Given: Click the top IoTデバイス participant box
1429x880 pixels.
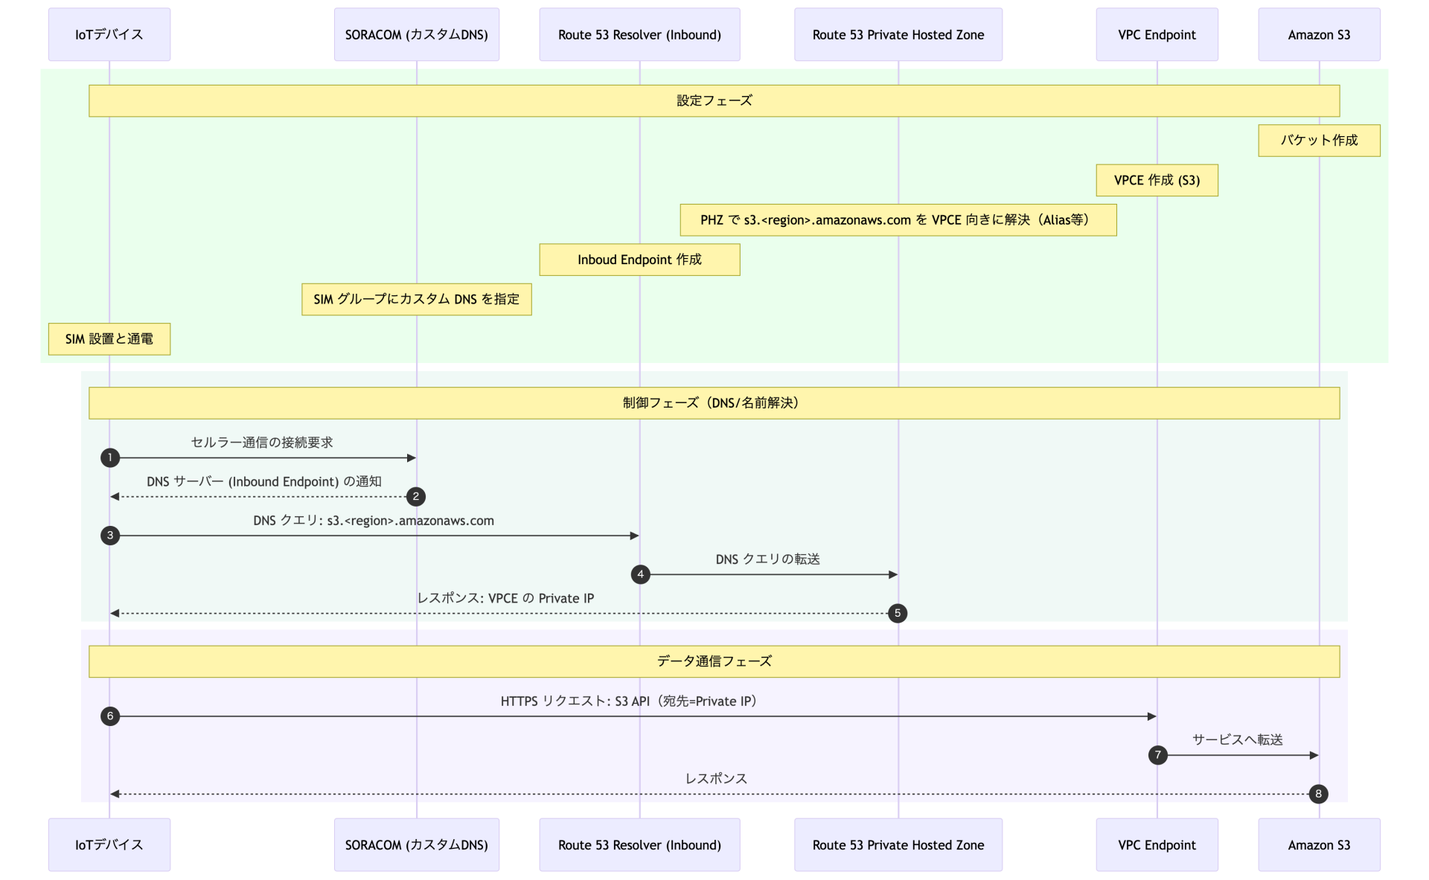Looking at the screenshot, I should click(x=109, y=35).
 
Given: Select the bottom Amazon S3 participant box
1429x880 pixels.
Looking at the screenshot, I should click(x=1319, y=845).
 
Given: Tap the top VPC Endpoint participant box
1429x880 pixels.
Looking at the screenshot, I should click(x=1157, y=35).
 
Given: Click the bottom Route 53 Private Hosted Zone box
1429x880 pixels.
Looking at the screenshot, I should click(x=898, y=845).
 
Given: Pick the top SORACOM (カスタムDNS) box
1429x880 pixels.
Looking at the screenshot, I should click(x=416, y=35).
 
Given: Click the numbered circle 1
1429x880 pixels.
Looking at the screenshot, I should click(x=110, y=457).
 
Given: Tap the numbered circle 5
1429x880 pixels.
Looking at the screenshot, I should click(x=898, y=613).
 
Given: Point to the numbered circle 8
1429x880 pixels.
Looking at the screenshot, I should click(x=1318, y=794).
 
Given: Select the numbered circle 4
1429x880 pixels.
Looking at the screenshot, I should click(x=640, y=574).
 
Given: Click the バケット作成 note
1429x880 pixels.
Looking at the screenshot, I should click(x=1319, y=141).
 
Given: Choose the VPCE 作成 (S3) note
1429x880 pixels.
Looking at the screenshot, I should click(x=1157, y=180).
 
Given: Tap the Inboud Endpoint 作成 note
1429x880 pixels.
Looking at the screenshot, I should click(x=639, y=260).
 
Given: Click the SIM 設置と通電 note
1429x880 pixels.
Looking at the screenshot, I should click(x=109, y=339).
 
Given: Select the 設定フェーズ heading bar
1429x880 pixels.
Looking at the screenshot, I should click(x=714, y=100).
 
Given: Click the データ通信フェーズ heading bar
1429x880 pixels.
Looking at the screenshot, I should click(x=714, y=661).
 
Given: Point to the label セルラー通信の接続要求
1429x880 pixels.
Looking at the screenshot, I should click(x=262, y=443).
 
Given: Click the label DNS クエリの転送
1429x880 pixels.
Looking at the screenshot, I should click(x=767, y=559).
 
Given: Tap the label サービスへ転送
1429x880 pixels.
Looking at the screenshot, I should click(x=1237, y=740).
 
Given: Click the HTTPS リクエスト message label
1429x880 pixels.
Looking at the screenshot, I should click(x=629, y=701).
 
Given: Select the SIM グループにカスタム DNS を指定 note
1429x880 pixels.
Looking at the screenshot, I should click(x=416, y=299).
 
